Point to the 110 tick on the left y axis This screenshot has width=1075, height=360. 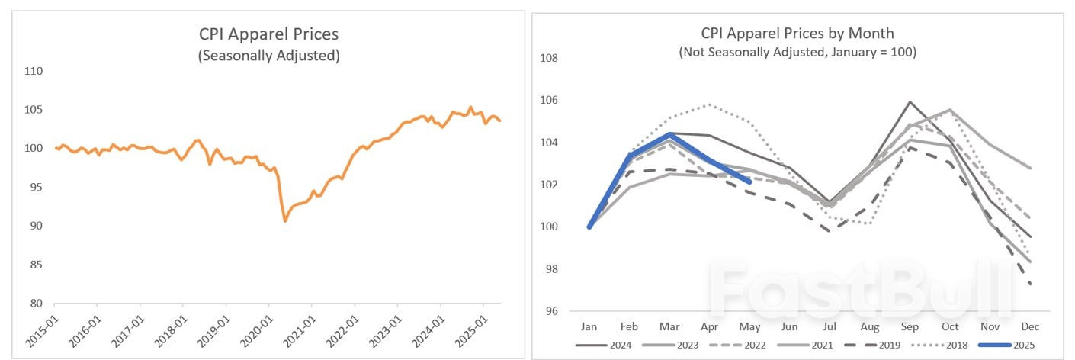[33, 71]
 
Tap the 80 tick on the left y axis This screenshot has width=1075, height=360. [34, 303]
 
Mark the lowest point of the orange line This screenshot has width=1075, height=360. [285, 221]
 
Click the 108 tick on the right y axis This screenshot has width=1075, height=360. [550, 58]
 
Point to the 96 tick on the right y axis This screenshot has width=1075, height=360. [553, 311]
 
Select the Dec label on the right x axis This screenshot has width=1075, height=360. [1030, 326]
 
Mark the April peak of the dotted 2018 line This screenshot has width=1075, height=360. [709, 104]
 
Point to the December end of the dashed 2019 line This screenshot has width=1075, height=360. [1030, 284]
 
